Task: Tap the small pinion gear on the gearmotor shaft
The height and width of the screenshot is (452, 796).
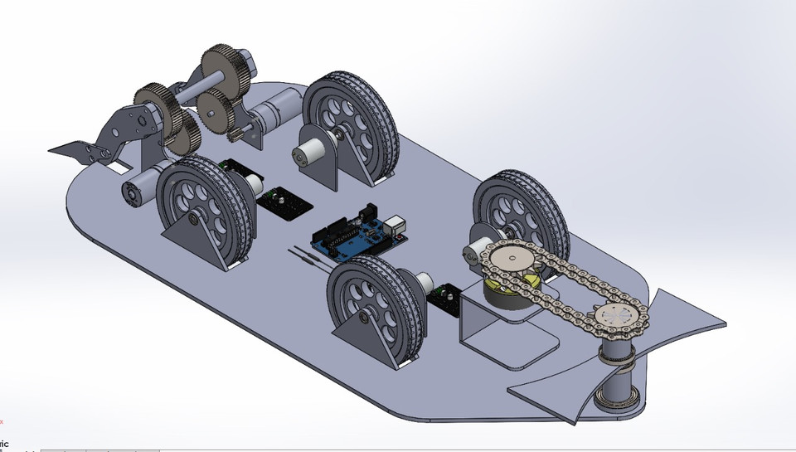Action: tap(240, 134)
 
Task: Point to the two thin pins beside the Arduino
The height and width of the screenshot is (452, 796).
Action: tap(305, 254)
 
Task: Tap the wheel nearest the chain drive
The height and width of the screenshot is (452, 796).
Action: tap(518, 207)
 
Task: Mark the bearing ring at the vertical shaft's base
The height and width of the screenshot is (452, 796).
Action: tap(617, 402)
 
